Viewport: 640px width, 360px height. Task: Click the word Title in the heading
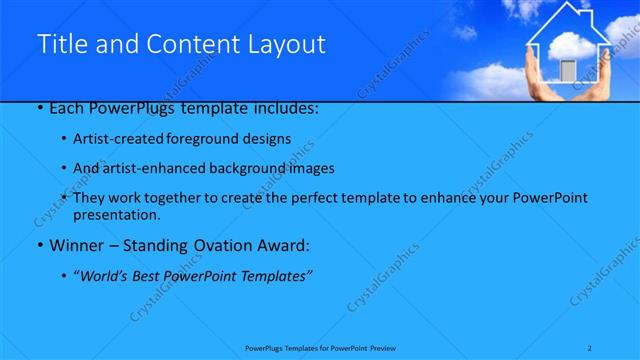pyautogui.click(x=59, y=44)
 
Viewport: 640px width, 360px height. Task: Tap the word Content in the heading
pyautogui.click(x=192, y=44)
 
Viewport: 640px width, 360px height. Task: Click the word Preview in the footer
pyautogui.click(x=386, y=348)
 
